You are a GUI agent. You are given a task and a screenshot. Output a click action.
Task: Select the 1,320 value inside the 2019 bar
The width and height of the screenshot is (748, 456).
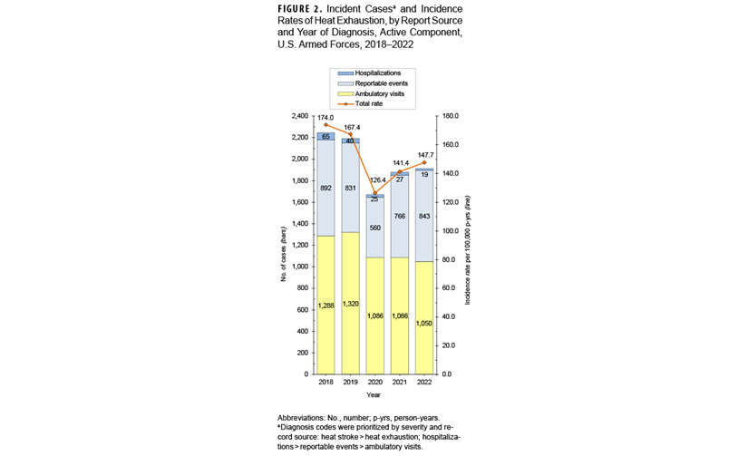pyautogui.click(x=351, y=304)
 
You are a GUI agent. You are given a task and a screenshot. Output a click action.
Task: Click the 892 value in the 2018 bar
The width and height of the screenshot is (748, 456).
pyautogui.click(x=326, y=189)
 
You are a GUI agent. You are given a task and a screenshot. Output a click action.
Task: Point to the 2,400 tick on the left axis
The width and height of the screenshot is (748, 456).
pyautogui.click(x=300, y=117)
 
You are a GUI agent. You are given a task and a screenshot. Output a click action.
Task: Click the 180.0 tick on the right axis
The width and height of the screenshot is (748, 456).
pyautogui.click(x=447, y=117)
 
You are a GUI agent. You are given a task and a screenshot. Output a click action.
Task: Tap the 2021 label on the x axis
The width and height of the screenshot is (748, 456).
pyautogui.click(x=400, y=383)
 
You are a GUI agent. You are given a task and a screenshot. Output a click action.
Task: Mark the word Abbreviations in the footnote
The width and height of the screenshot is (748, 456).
pyautogui.click(x=305, y=418)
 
